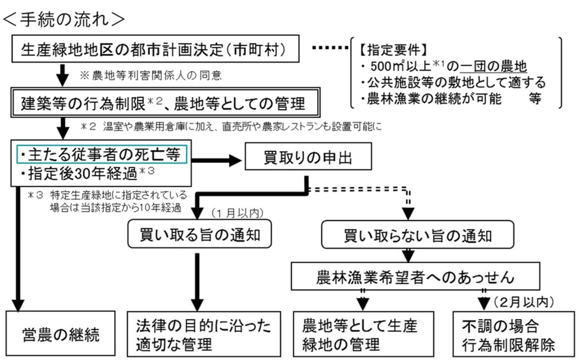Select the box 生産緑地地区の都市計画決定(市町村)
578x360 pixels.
pos(155,50)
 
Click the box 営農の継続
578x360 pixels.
pos(63,333)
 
